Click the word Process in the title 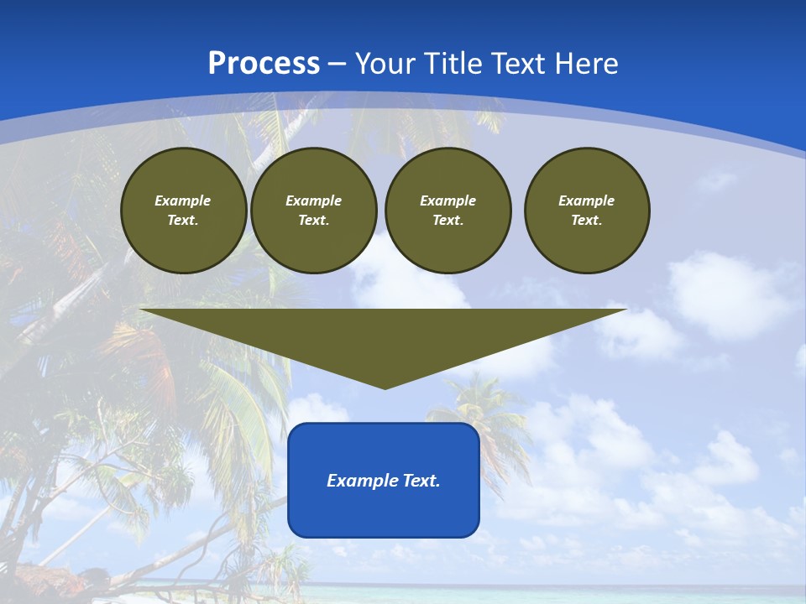264,64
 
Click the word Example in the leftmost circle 183,200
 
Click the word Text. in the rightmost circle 586,220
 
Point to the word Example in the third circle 447,200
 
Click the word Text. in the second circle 313,220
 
